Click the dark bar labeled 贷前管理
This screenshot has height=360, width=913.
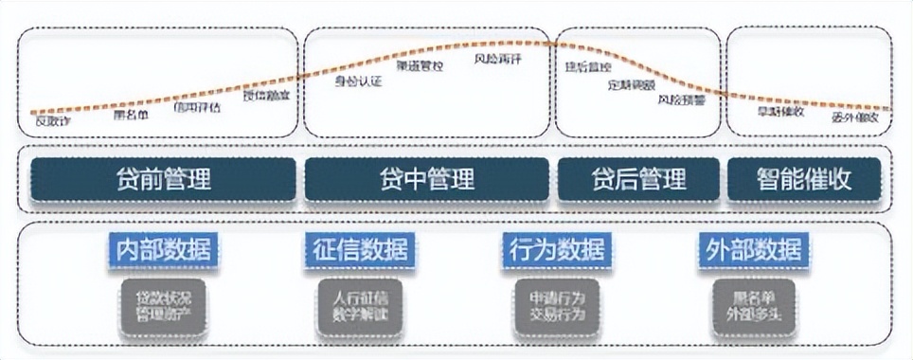point(163,178)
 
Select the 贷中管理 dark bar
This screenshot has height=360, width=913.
point(426,178)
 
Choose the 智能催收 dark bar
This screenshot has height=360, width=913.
point(804,178)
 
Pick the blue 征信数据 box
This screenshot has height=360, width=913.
point(360,250)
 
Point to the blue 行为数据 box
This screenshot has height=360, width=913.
point(557,250)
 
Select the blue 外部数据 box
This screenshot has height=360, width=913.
point(755,250)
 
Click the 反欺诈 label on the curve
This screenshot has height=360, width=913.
point(52,120)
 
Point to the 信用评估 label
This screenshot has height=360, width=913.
point(197,107)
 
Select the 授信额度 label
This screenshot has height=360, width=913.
point(266,95)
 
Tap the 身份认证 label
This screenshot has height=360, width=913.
point(358,81)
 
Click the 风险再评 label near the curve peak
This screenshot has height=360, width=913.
point(497,59)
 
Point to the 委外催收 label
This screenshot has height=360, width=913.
point(855,118)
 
